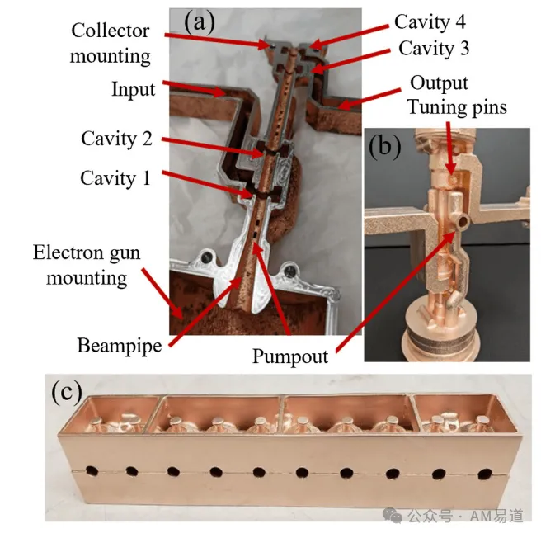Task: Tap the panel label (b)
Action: click(384, 146)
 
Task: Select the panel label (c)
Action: click(67, 393)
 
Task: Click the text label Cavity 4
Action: click(430, 21)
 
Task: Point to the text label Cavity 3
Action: click(434, 48)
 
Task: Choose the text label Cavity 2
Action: click(116, 139)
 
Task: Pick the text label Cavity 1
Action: click(115, 178)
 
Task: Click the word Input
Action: click(134, 89)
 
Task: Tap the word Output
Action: click(439, 83)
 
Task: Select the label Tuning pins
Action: click(458, 106)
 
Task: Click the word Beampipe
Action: click(120, 346)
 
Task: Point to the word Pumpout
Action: click(290, 356)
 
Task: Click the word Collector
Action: click(111, 31)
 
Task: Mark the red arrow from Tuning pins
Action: click(450, 149)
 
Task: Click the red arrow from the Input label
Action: click(195, 88)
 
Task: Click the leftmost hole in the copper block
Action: click(92, 470)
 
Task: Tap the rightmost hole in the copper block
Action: click(485, 474)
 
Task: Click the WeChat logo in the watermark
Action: click(393, 516)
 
